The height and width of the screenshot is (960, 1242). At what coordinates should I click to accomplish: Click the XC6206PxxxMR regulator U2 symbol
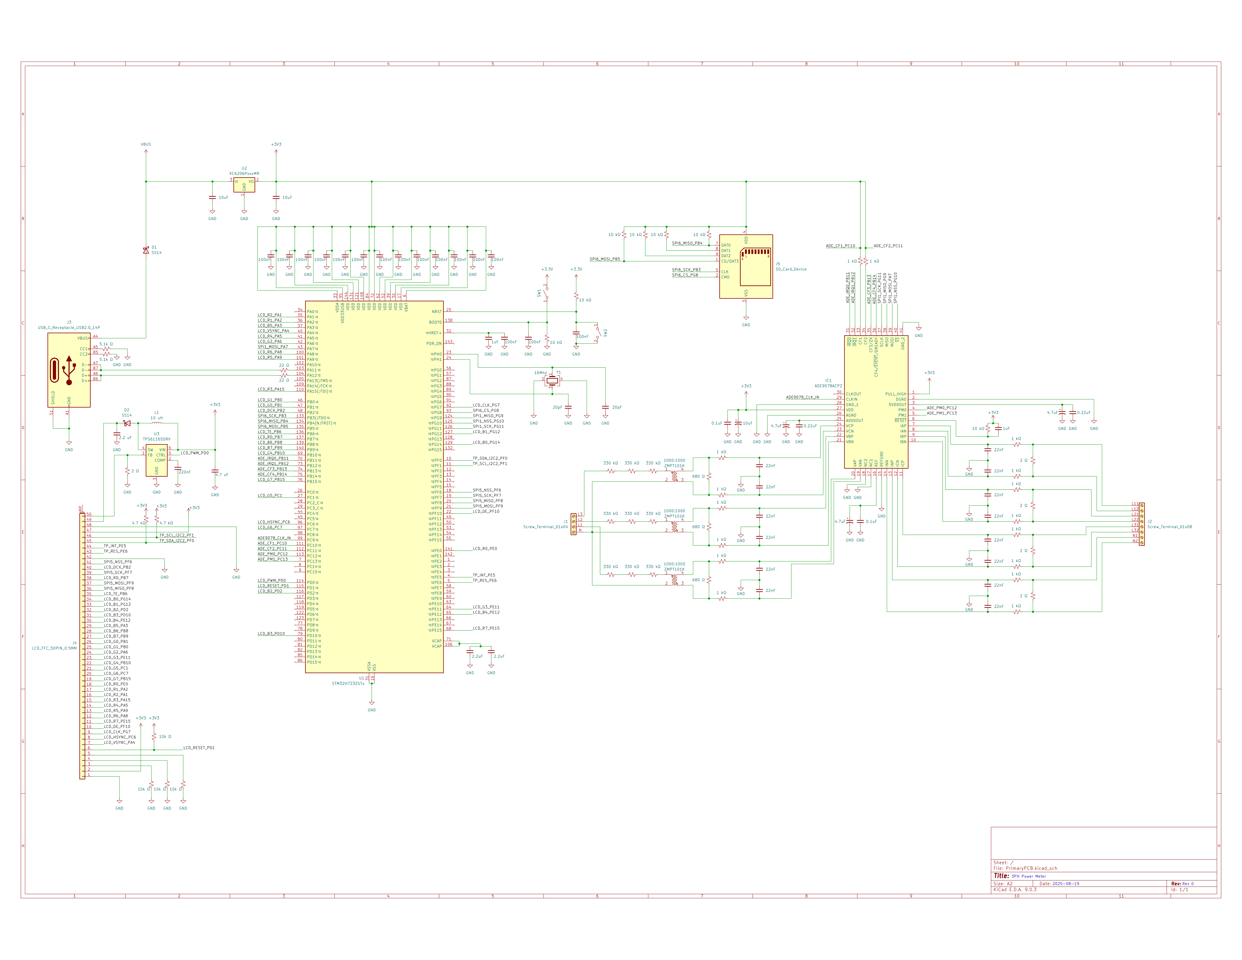click(244, 185)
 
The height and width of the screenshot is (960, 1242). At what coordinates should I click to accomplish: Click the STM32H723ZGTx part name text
click(348, 683)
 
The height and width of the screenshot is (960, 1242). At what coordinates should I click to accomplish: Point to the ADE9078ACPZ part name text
click(828, 385)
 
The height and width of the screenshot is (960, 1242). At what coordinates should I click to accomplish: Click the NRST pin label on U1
click(436, 312)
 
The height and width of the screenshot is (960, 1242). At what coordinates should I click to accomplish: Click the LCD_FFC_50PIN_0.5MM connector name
click(54, 648)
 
